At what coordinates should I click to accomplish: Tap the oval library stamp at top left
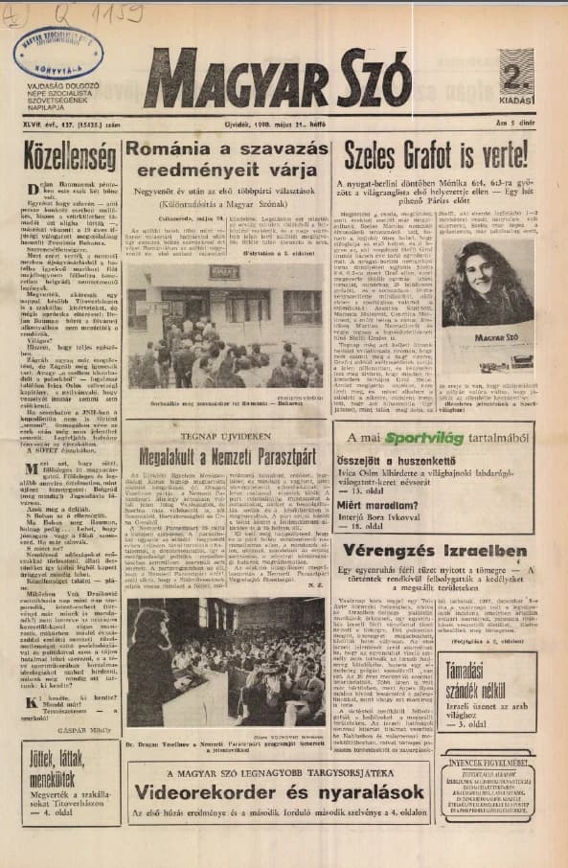[x=58, y=54]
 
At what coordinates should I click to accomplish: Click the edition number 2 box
[x=515, y=75]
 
